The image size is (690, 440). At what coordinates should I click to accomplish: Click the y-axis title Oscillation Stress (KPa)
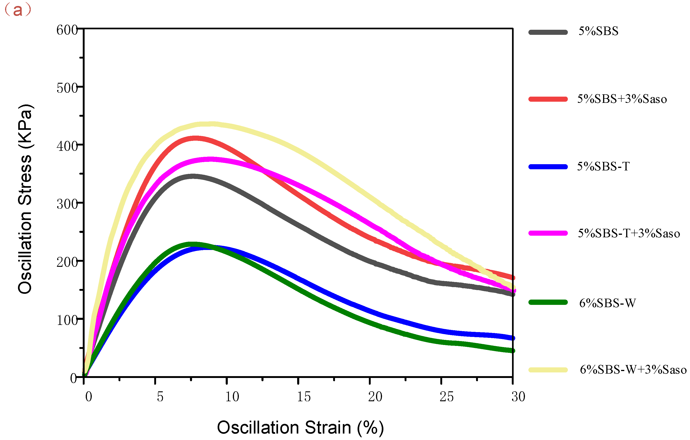[25, 199]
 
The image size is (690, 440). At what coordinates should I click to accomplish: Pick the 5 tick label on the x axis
[160, 397]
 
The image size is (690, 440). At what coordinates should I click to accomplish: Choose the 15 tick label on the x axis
[303, 397]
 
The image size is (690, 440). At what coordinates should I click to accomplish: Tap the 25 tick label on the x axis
[447, 397]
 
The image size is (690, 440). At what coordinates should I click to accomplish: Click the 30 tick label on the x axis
[518, 397]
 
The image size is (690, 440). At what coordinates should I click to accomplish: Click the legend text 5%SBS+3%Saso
[622, 99]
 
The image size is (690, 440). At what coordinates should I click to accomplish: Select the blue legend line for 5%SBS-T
[548, 167]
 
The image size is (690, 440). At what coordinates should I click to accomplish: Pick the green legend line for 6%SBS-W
[548, 302]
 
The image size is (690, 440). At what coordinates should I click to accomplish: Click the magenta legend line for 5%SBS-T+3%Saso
[548, 233]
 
